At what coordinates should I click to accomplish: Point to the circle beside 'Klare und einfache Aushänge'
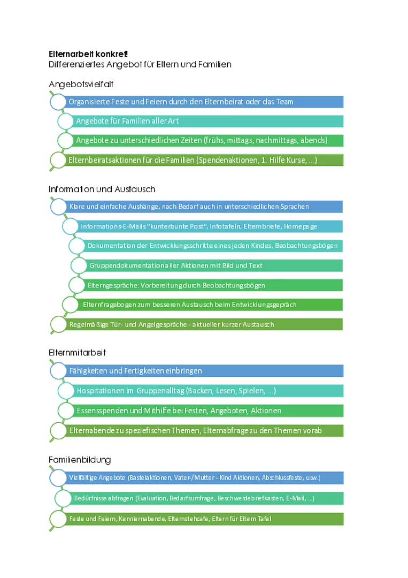[x=58, y=207]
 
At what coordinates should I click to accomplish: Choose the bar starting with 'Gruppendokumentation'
[x=209, y=265]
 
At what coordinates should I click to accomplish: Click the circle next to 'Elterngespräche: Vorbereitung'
[x=77, y=285]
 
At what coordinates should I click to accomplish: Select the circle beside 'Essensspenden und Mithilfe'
[x=66, y=410]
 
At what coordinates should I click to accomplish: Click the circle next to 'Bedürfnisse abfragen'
[x=63, y=498]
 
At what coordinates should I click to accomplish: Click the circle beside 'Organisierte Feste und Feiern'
[x=58, y=102]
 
